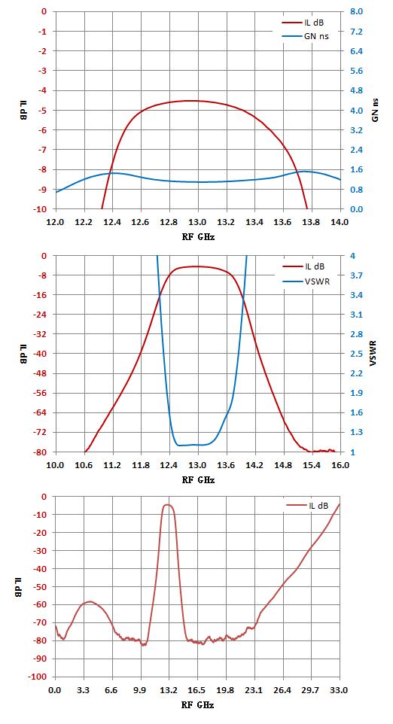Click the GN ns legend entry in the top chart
306,36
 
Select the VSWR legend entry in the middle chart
306,281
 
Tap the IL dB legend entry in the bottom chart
307,506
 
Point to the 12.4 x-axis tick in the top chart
112,222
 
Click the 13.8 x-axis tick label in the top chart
312,222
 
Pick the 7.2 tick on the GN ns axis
353,32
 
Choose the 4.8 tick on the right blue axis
353,90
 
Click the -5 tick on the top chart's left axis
43,111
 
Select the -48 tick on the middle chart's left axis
41,373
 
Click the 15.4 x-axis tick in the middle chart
312,465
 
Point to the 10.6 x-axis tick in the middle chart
84,465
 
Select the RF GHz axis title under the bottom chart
198,705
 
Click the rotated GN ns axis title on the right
375,111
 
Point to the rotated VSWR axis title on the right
375,354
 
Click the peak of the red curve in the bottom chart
167,505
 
